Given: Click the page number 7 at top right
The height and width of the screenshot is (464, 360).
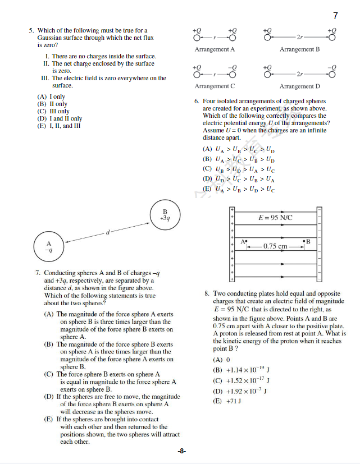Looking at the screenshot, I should (335, 16).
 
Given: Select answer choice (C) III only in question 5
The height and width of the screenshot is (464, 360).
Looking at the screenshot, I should (53, 111).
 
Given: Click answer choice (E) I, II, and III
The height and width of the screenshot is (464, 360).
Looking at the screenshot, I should (59, 126).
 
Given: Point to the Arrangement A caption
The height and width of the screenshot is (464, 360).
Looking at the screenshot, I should (215, 49).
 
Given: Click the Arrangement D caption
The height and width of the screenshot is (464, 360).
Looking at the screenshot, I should (299, 86).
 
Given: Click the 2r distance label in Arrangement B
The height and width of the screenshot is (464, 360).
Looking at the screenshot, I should (300, 37).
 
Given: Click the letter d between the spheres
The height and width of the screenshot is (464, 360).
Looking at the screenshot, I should (107, 232).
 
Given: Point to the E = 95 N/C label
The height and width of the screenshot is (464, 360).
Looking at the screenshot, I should (275, 218).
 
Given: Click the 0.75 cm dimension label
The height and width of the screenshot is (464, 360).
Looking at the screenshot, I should (275, 246).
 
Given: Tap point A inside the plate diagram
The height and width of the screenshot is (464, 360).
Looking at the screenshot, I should (245, 241).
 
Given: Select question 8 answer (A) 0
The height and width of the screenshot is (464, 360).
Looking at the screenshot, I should (222, 360).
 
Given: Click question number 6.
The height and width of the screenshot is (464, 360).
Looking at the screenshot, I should (197, 102).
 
